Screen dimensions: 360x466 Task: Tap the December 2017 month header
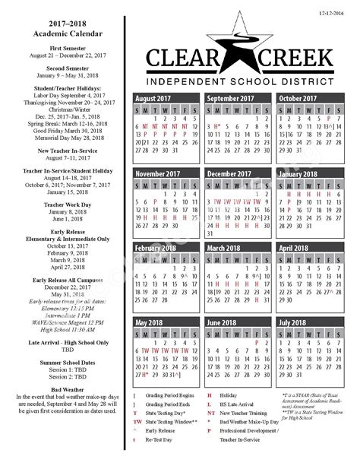229,174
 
